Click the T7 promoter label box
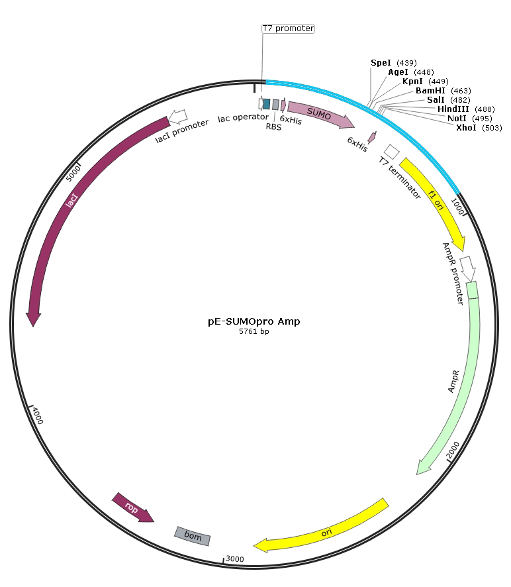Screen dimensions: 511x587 [x=288, y=28]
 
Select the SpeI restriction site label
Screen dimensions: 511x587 [x=381, y=62]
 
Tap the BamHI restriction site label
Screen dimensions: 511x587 [x=431, y=90]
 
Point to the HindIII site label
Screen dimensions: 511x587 [x=455, y=109]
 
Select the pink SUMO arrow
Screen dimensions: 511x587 [x=320, y=115]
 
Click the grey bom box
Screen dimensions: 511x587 [x=193, y=536]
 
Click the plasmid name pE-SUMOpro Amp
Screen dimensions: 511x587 [x=254, y=321]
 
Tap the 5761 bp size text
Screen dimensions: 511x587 [x=254, y=332]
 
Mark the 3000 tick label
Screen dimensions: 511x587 [x=235, y=559]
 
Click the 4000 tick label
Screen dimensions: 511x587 [x=38, y=417]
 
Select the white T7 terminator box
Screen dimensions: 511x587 [x=391, y=152]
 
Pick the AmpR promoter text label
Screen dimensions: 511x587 [x=453, y=272]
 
